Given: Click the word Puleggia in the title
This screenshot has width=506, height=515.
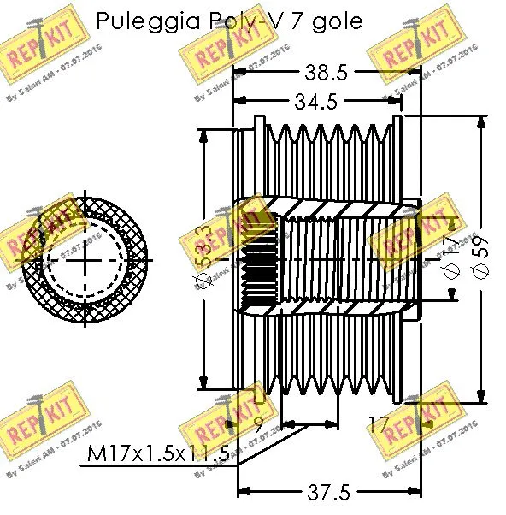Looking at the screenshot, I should tap(147, 21).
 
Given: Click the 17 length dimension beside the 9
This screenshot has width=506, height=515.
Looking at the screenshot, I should tap(379, 422).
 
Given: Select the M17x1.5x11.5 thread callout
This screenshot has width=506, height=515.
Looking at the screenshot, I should tap(160, 454).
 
